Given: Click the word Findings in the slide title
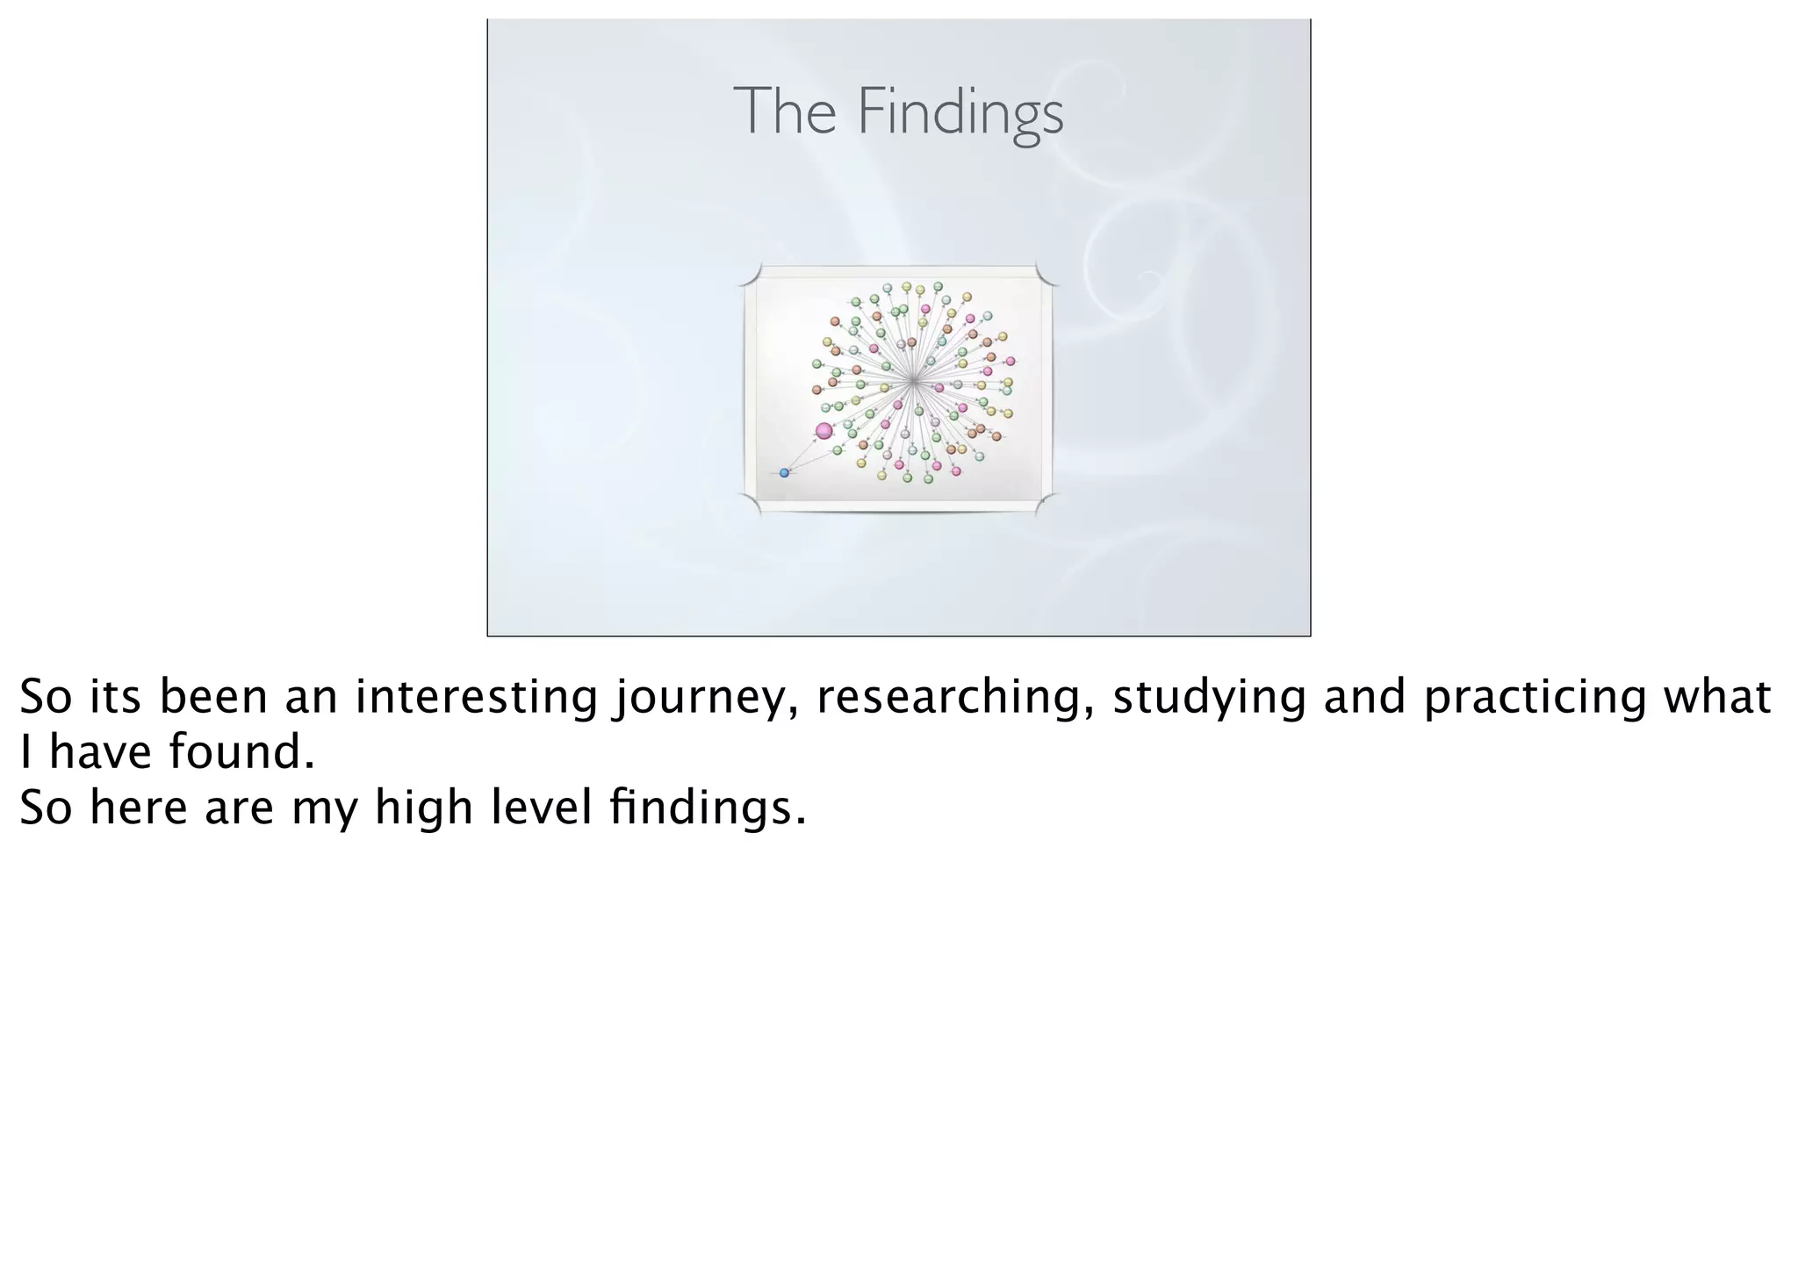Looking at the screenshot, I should click(960, 112).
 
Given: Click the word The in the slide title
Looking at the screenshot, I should click(784, 112).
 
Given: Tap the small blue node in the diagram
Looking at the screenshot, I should click(784, 473).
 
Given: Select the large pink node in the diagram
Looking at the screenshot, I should click(823, 431).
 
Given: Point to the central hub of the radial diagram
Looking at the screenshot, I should click(914, 381).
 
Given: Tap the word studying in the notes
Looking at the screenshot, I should click(1209, 698).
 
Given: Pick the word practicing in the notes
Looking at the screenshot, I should click(1535, 698).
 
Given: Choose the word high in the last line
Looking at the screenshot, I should click(424, 808).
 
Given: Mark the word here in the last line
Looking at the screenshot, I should click(139, 808).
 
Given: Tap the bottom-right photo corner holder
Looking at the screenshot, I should click(1046, 503).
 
